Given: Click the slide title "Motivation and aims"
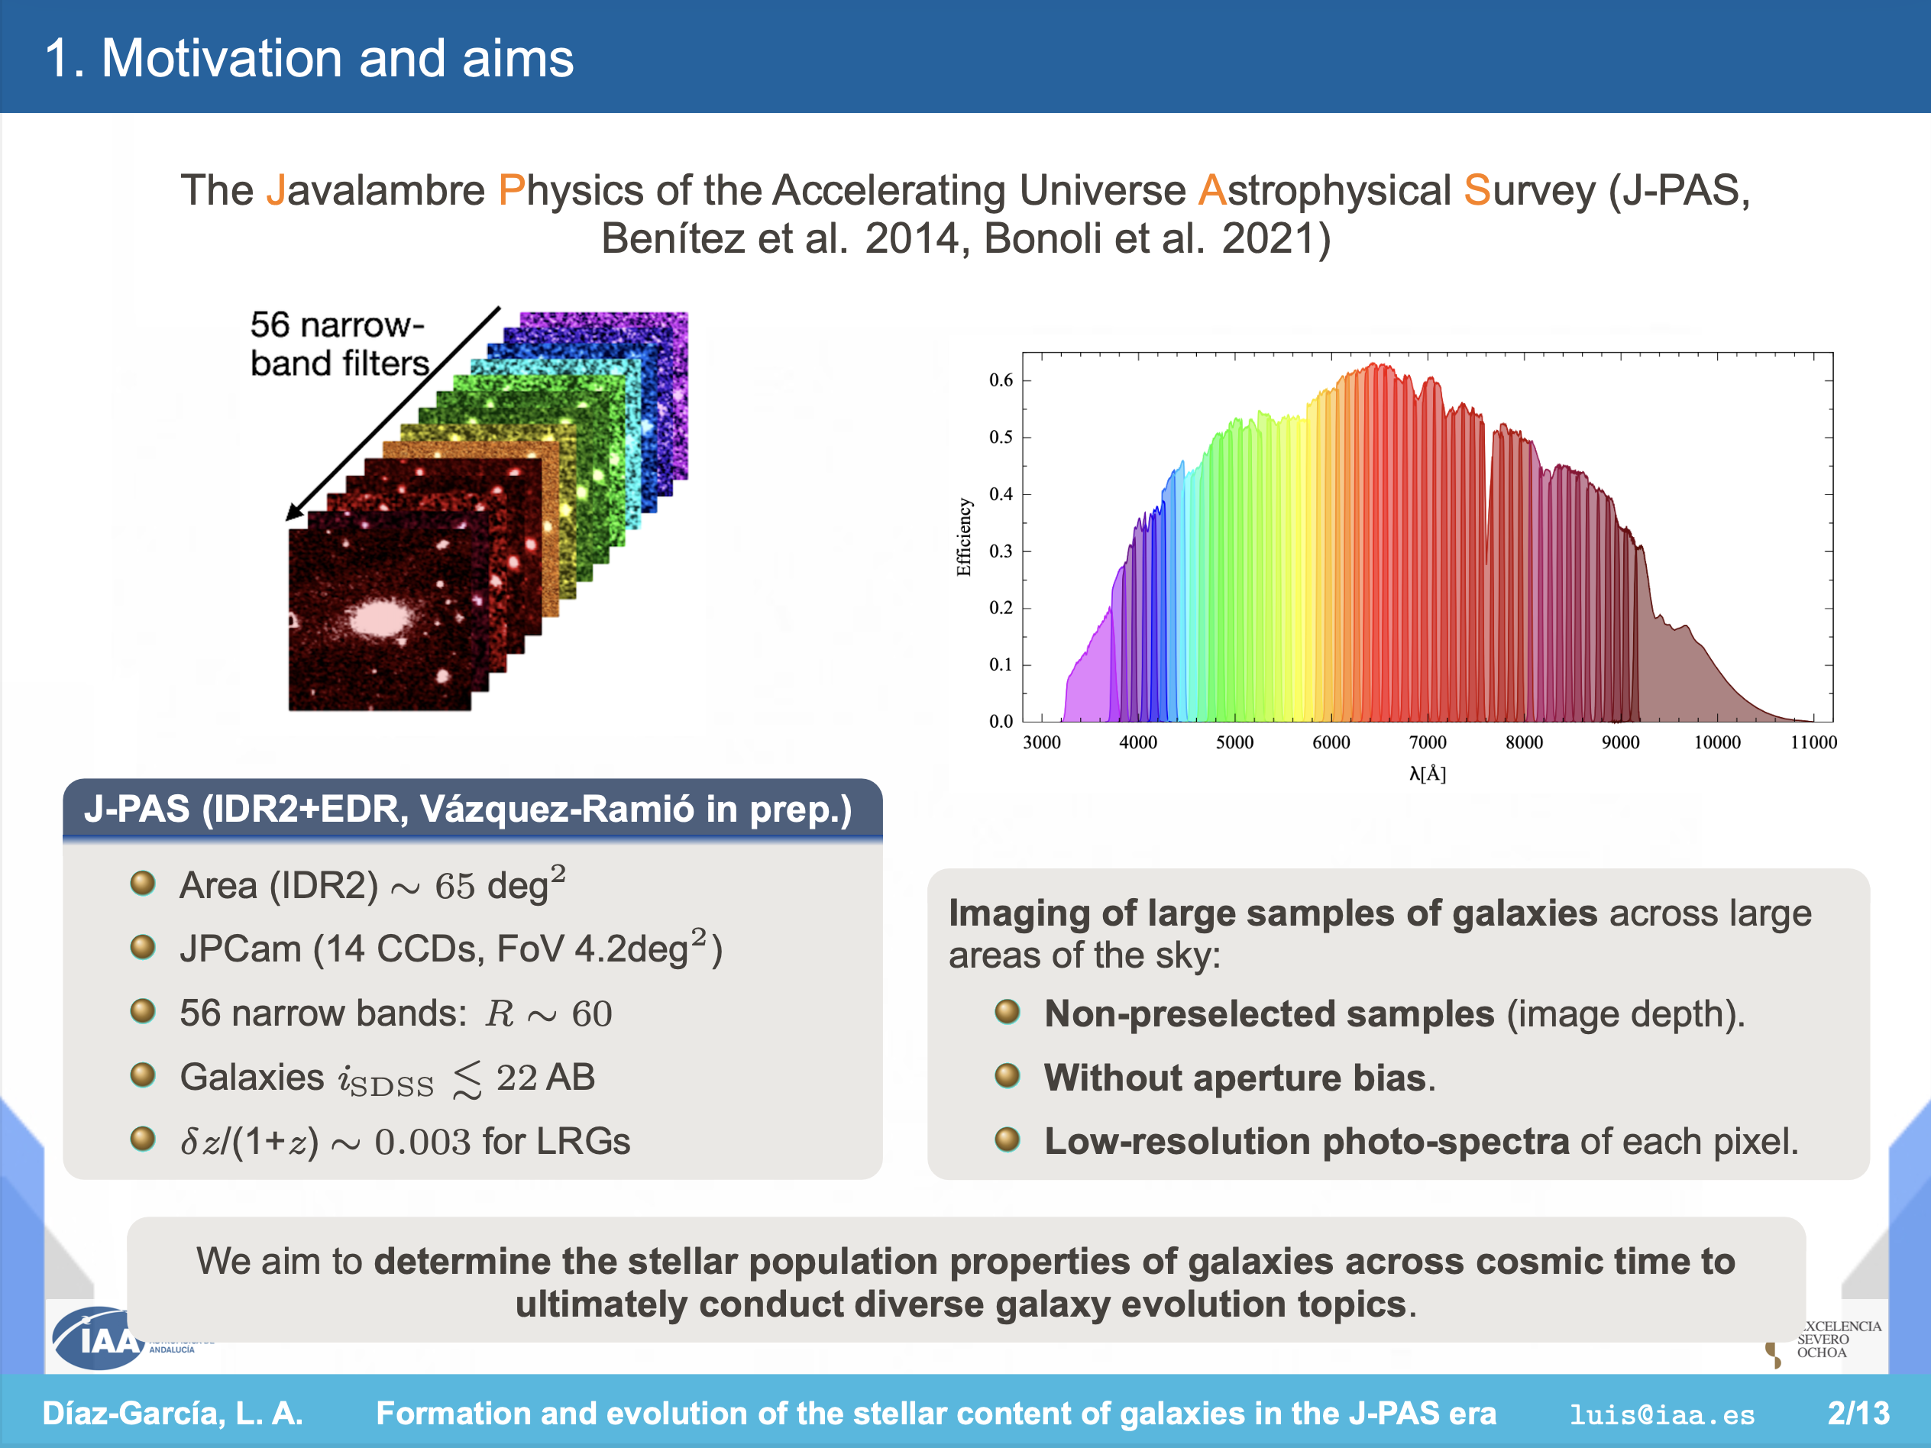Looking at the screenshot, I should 337,59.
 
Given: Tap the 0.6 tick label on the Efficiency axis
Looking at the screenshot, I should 1001,380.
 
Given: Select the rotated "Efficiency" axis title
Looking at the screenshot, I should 964,537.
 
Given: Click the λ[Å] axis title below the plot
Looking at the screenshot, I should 1428,774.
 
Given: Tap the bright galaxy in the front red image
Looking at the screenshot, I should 379,618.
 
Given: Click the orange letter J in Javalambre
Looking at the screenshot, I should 276,190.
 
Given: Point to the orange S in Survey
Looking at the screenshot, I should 1477,190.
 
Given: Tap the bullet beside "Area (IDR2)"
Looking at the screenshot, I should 142,884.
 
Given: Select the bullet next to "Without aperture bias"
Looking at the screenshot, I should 1008,1075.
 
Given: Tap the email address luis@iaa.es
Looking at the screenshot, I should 1661,1414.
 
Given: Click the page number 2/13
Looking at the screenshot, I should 1858,1413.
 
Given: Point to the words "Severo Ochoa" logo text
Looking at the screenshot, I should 1823,1346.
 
